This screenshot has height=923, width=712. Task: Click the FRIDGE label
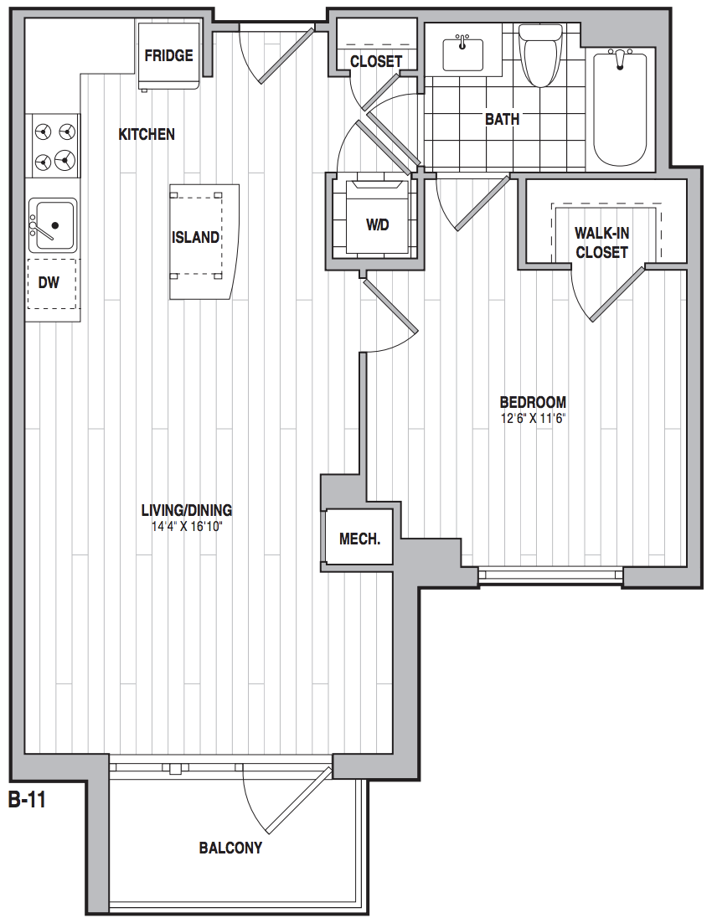(x=168, y=55)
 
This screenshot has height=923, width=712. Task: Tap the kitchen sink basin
(x=53, y=225)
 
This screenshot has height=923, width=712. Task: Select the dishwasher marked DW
(x=52, y=284)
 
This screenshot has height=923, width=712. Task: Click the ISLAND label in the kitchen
(x=195, y=237)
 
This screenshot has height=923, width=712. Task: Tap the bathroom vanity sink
(x=463, y=54)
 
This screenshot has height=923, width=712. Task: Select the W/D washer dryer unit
(x=377, y=217)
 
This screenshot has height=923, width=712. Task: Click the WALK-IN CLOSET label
(x=602, y=243)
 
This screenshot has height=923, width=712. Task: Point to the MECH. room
(x=359, y=539)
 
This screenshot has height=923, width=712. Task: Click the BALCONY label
(x=230, y=848)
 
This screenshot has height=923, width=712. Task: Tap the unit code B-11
(x=27, y=801)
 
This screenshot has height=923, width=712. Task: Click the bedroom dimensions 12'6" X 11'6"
(x=533, y=419)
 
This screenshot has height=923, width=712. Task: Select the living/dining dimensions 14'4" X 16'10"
(x=187, y=526)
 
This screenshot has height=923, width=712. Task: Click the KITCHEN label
(x=147, y=134)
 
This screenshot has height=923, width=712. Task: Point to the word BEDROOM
(x=533, y=403)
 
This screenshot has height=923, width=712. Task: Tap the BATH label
(x=503, y=119)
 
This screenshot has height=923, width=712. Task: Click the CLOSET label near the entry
(x=376, y=61)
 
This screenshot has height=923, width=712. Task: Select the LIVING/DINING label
(x=187, y=510)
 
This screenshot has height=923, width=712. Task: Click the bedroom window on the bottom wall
(x=550, y=575)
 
